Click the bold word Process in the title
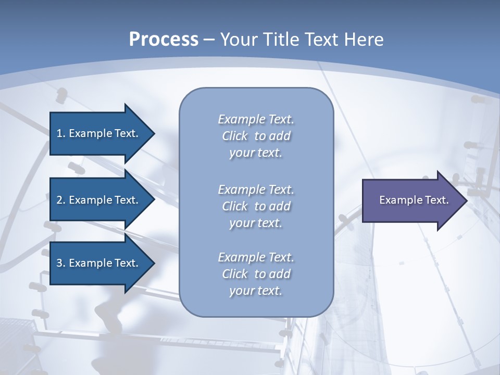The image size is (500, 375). click(164, 39)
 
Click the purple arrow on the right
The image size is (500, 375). click(411, 200)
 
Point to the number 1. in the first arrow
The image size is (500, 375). click(61, 133)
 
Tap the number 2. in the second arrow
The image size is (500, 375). click(61, 200)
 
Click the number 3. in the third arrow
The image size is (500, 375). click(61, 263)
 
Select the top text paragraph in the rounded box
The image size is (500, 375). click(256, 136)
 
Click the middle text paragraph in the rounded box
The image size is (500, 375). click(256, 206)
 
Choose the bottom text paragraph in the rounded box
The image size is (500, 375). click(256, 274)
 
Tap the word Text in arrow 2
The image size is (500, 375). click(127, 200)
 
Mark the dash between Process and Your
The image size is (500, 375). click(209, 40)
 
